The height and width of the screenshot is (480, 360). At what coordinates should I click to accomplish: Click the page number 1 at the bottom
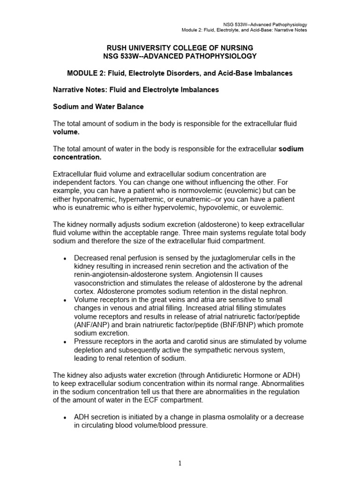point(180,463)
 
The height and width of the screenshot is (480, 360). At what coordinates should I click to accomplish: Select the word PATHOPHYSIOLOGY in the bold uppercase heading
point(220,56)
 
